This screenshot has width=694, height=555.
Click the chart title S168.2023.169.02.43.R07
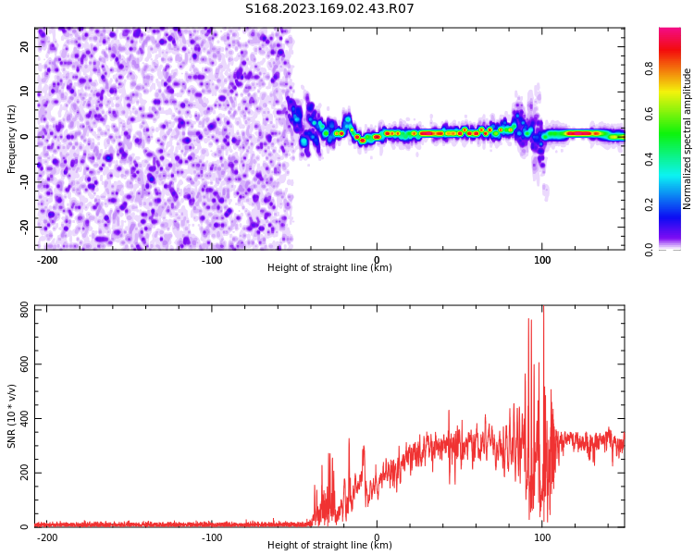click(329, 9)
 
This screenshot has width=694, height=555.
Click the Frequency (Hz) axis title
click(12, 138)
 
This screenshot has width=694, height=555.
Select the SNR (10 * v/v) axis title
click(12, 417)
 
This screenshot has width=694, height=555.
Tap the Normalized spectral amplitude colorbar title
click(688, 139)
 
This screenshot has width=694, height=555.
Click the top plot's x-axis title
click(329, 268)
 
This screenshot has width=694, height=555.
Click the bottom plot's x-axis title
click(329, 546)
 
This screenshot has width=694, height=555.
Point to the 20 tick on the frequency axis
click(25, 47)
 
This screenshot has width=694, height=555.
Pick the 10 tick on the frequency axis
click(25, 92)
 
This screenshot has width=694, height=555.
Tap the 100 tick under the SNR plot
click(542, 537)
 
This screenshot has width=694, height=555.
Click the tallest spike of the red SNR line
click(543, 309)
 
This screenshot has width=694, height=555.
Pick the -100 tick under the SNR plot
click(212, 537)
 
